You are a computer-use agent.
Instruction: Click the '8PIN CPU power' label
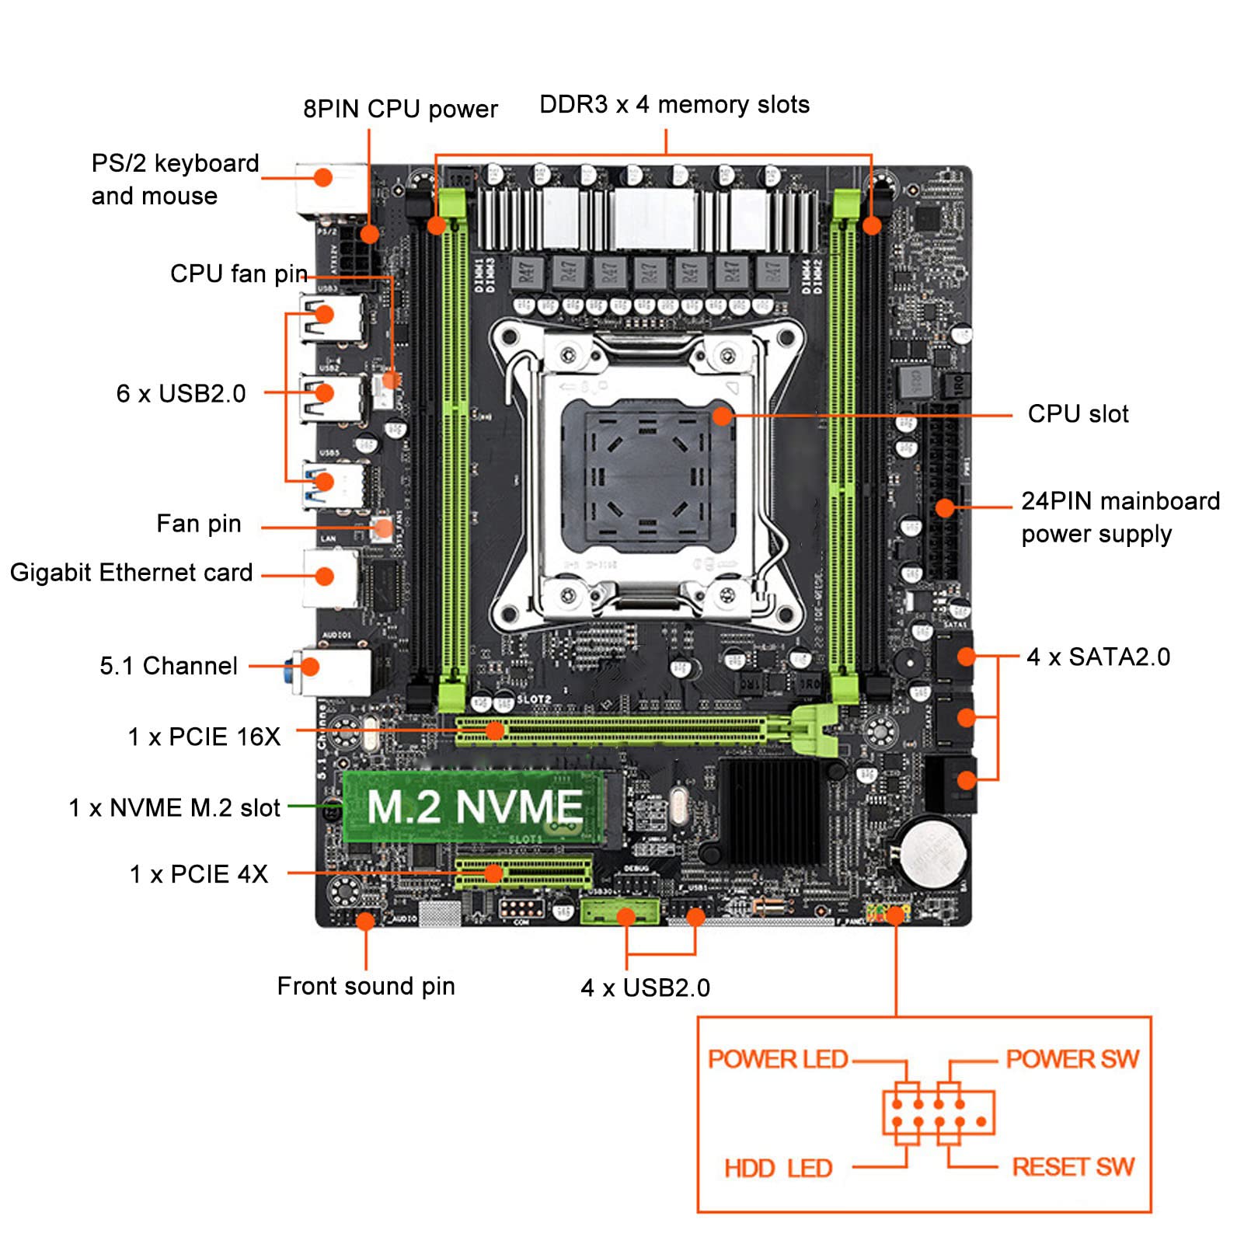tap(400, 109)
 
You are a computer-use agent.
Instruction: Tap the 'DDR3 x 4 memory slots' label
tap(674, 105)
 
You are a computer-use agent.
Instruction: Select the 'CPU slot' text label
tap(1077, 413)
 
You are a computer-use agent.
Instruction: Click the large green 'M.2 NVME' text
tap(475, 807)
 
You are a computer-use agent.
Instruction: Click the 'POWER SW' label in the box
tap(1072, 1058)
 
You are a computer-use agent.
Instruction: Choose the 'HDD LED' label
tap(778, 1168)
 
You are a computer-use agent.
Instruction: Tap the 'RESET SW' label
tap(1072, 1166)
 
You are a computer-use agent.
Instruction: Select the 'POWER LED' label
tap(777, 1058)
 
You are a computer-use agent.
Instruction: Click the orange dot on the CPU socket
tap(722, 416)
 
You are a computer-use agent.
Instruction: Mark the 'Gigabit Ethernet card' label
tap(131, 573)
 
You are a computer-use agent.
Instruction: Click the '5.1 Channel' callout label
tap(169, 666)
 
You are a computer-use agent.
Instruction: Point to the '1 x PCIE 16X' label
tap(204, 737)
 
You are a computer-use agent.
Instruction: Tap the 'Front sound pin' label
tap(366, 986)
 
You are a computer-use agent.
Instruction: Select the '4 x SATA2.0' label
tap(1097, 657)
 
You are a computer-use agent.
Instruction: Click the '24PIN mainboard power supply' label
tap(1120, 517)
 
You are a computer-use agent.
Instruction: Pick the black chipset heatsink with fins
tap(769, 812)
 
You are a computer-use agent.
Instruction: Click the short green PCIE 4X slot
tap(523, 873)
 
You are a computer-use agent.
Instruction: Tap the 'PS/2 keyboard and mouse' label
tap(175, 179)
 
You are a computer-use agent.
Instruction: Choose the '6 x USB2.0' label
tap(181, 393)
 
